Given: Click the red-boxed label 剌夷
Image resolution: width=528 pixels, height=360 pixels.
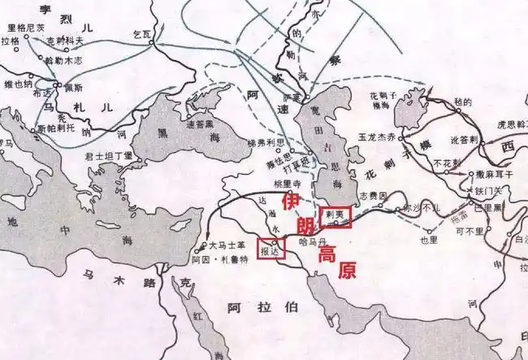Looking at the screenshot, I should pos(335,215).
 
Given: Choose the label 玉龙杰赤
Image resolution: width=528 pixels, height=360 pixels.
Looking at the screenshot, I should pos(374,139).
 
